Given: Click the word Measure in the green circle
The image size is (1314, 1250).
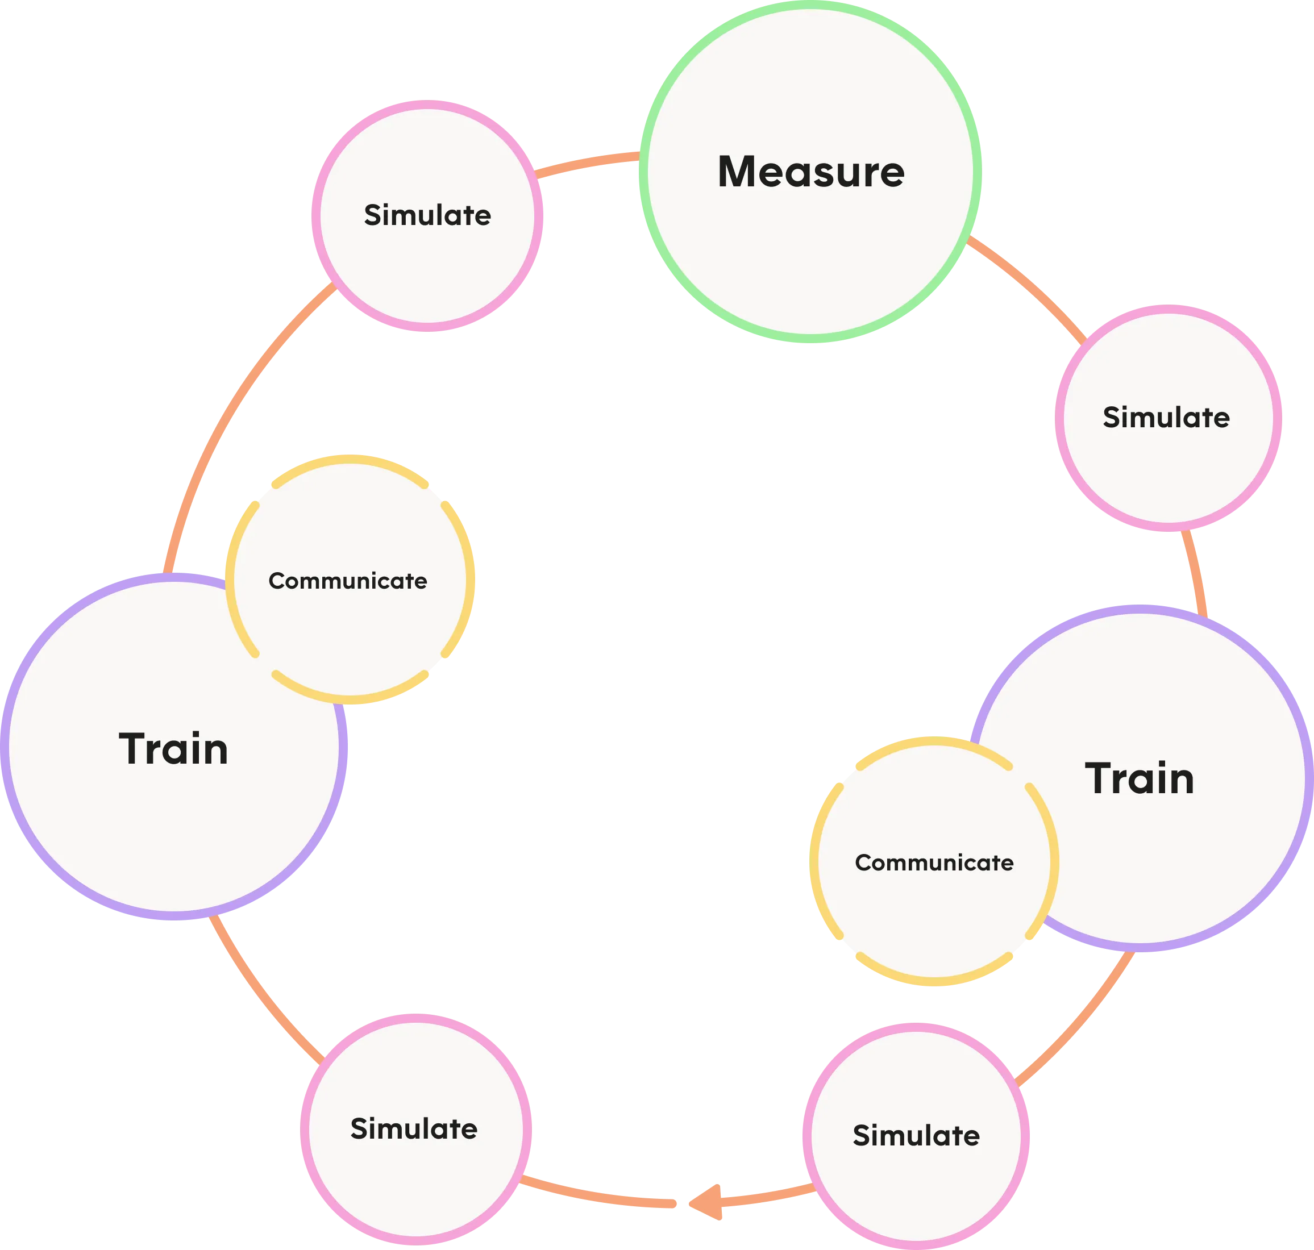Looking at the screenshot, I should tap(810, 172).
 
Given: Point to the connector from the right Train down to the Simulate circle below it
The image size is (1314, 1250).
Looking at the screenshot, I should tap(1079, 1019).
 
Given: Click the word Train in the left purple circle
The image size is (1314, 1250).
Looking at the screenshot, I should tap(173, 748).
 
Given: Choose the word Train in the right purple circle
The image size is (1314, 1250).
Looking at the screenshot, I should tap(1140, 778).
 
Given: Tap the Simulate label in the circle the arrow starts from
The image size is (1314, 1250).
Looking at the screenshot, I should tap(916, 1135).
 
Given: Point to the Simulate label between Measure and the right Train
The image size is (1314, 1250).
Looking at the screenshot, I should tap(1166, 416).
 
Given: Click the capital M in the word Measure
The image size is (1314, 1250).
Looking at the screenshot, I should tap(738, 172).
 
